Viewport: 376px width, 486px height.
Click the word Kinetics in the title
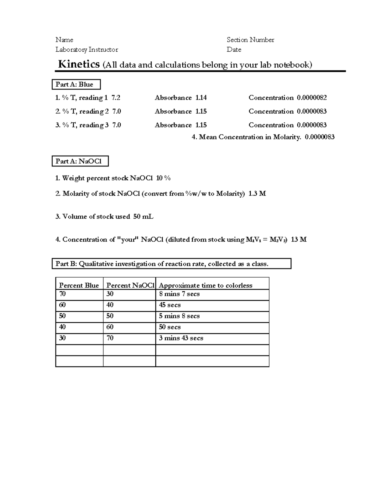[79, 64]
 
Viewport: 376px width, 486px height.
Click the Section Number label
[250, 40]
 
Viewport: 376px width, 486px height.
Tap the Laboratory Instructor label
[86, 49]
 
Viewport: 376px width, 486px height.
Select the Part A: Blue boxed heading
[76, 84]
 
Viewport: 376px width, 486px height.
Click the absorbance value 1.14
[201, 98]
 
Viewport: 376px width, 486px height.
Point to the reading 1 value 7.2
[116, 98]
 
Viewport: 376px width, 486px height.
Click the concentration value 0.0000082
[311, 98]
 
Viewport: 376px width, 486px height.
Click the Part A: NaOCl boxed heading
[80, 161]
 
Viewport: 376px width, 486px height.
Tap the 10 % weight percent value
[163, 178]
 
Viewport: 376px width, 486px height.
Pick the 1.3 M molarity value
[257, 193]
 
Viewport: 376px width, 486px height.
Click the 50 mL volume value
[143, 217]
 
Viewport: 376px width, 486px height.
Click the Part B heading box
[171, 264]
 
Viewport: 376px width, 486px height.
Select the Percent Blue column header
[79, 285]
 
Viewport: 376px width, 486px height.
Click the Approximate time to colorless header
[206, 285]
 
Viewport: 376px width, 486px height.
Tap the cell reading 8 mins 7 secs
[179, 294]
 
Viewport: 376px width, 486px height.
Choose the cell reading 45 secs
[170, 305]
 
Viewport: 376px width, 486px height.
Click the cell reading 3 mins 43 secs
[181, 338]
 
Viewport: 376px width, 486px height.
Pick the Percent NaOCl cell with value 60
[110, 327]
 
